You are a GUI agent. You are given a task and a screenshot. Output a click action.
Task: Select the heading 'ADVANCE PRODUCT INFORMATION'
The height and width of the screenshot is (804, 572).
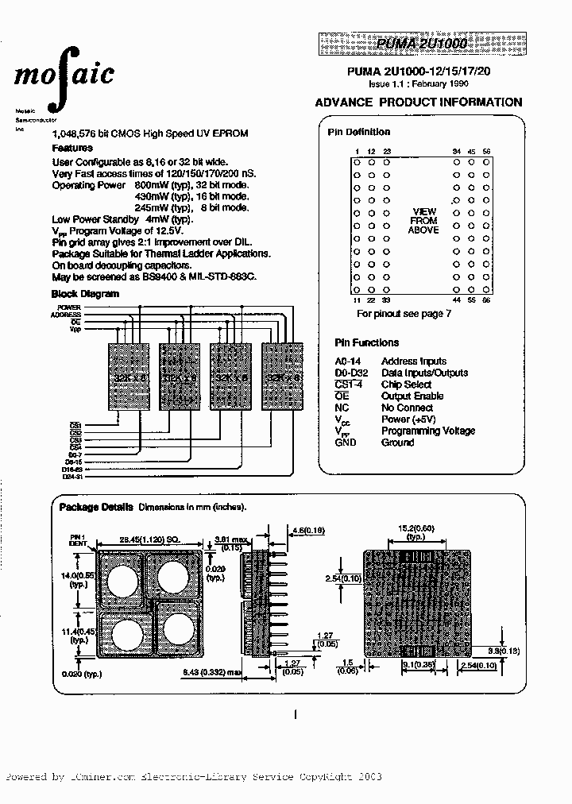tap(419, 102)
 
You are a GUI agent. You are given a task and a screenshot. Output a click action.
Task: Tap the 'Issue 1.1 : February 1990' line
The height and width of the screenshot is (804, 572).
tap(418, 83)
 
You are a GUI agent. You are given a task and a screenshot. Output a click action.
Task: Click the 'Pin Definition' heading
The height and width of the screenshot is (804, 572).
tap(359, 132)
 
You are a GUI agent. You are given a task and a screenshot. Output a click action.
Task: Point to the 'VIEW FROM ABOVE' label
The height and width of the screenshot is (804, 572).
tap(423, 221)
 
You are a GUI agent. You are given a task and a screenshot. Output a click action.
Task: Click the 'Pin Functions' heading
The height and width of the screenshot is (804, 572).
tap(366, 343)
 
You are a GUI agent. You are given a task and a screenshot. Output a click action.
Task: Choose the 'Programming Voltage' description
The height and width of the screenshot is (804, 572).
tap(427, 431)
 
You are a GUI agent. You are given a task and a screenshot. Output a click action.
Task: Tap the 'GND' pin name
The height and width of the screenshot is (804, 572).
tap(346, 443)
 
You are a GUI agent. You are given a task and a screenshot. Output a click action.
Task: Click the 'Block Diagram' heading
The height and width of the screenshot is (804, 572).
tap(85, 293)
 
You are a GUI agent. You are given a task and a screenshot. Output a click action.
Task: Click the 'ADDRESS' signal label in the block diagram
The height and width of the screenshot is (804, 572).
tap(64, 315)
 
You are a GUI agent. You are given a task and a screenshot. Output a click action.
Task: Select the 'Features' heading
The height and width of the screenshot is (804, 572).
tap(72, 148)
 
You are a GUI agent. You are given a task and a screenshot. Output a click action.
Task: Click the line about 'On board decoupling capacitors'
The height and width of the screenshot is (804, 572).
tap(122, 265)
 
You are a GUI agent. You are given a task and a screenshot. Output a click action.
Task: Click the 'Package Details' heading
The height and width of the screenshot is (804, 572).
tap(96, 506)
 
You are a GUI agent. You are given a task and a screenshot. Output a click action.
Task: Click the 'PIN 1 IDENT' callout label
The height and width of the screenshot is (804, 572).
tap(76, 539)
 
